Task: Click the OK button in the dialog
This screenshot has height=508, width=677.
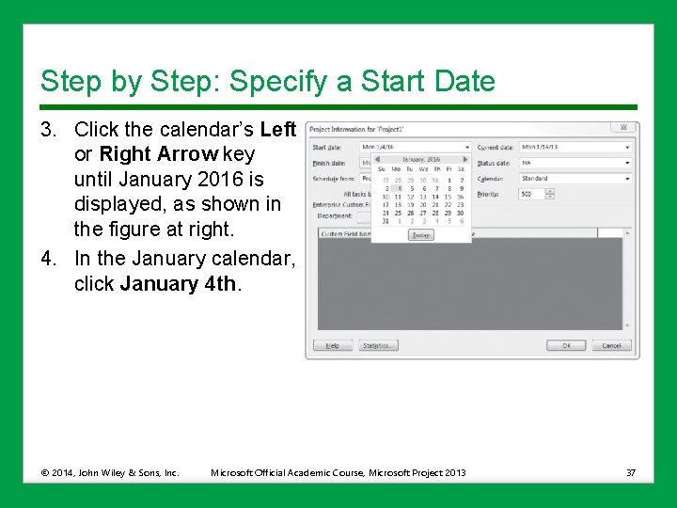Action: tap(566, 345)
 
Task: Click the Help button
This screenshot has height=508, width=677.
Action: tap(332, 345)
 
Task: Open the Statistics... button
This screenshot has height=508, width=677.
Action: tap(379, 345)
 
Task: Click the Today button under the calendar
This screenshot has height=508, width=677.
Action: tap(420, 235)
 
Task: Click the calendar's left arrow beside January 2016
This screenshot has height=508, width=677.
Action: tap(378, 159)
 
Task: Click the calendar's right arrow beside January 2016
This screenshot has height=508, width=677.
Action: tap(464, 159)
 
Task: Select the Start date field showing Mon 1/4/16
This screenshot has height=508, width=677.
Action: tap(414, 147)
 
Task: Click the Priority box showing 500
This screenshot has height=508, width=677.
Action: tap(531, 194)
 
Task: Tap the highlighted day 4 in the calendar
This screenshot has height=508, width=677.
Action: tap(398, 188)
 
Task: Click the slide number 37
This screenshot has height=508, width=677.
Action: tap(630, 472)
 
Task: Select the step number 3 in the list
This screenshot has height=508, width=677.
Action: tap(46, 129)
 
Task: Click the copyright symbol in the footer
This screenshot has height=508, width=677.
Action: tap(45, 472)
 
